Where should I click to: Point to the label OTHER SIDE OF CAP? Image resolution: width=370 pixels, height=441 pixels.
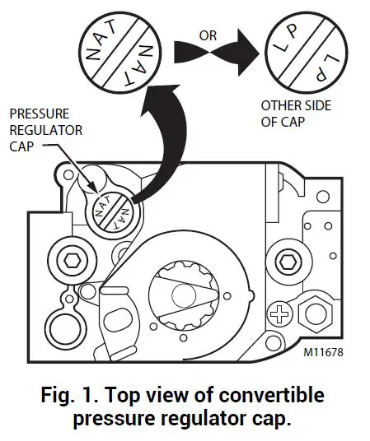(x=292, y=113)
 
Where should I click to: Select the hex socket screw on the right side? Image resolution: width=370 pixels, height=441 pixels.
(x=288, y=262)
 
